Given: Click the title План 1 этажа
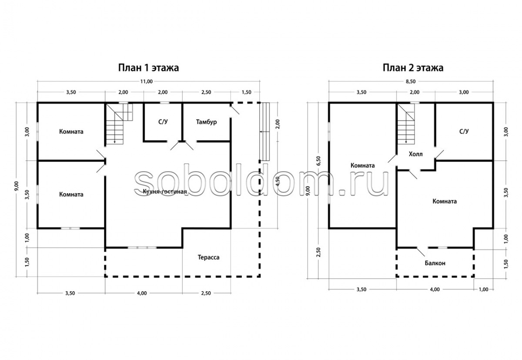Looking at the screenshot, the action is pos(148,68).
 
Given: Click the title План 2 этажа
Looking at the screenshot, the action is pos(413,68).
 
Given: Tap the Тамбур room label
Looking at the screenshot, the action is pos(206,122).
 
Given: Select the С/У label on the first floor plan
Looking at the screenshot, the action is pos(163,122).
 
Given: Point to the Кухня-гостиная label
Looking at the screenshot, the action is pos(165,192).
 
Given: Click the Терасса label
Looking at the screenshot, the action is pos(208,257).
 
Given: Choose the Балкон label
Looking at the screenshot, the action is pos(435,263).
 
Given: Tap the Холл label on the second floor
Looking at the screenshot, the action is pos(415,154).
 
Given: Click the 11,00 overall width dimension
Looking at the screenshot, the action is pos(146,81).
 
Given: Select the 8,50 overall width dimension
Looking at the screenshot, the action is pos(411,81).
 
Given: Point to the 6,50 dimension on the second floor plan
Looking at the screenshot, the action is pos(318,161).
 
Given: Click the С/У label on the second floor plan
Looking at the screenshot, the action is pos(464,131).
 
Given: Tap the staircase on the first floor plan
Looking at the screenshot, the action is pos(119,124).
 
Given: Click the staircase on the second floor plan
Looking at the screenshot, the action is pos(406,124).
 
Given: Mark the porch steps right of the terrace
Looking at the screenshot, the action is pos(264,132).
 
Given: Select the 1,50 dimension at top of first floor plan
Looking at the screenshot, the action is pos(246,92).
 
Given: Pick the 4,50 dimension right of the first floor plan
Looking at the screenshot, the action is pos(278,181).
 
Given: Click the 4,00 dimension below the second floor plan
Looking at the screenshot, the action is pos(435,289).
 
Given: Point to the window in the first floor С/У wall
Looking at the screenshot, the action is pos(164,103).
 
